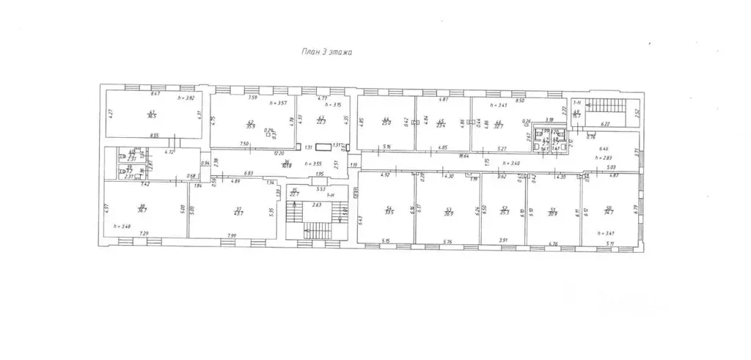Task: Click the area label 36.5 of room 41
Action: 152,114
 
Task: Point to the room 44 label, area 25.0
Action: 385,123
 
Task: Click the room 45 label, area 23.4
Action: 441,124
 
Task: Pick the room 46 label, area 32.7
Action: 498,124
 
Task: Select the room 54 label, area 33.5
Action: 389,211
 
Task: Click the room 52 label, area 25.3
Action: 504,211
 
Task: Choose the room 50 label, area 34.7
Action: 609,211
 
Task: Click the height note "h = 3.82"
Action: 188,97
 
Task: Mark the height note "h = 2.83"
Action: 604,158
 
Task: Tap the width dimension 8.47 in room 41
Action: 155,95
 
